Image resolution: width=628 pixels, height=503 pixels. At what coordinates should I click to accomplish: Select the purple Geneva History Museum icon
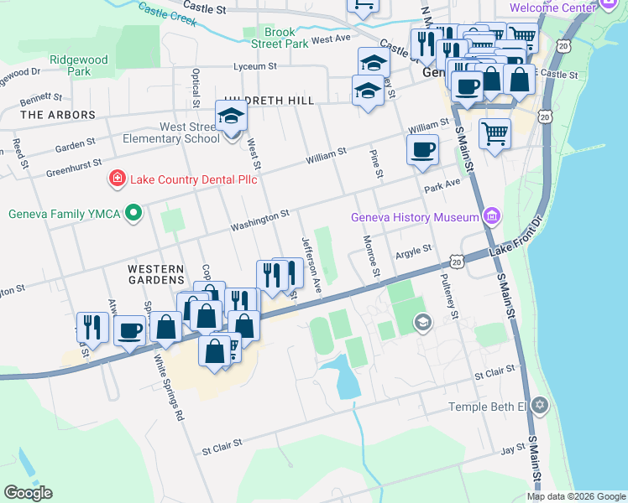(491, 218)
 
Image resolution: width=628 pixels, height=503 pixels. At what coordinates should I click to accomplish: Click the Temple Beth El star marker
(540, 407)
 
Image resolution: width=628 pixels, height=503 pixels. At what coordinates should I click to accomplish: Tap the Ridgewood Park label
(79, 65)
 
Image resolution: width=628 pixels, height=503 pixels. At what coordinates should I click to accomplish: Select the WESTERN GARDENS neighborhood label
(155, 273)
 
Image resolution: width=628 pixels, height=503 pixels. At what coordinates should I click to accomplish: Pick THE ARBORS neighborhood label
(57, 114)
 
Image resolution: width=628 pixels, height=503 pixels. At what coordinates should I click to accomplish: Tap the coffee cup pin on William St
(422, 149)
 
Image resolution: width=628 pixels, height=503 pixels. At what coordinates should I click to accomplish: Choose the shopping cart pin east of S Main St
(495, 132)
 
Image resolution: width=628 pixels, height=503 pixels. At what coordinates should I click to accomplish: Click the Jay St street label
(512, 450)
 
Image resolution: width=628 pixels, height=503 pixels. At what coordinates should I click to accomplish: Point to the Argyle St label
(413, 249)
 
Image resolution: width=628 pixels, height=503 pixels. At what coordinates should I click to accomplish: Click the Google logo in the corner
(28, 493)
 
